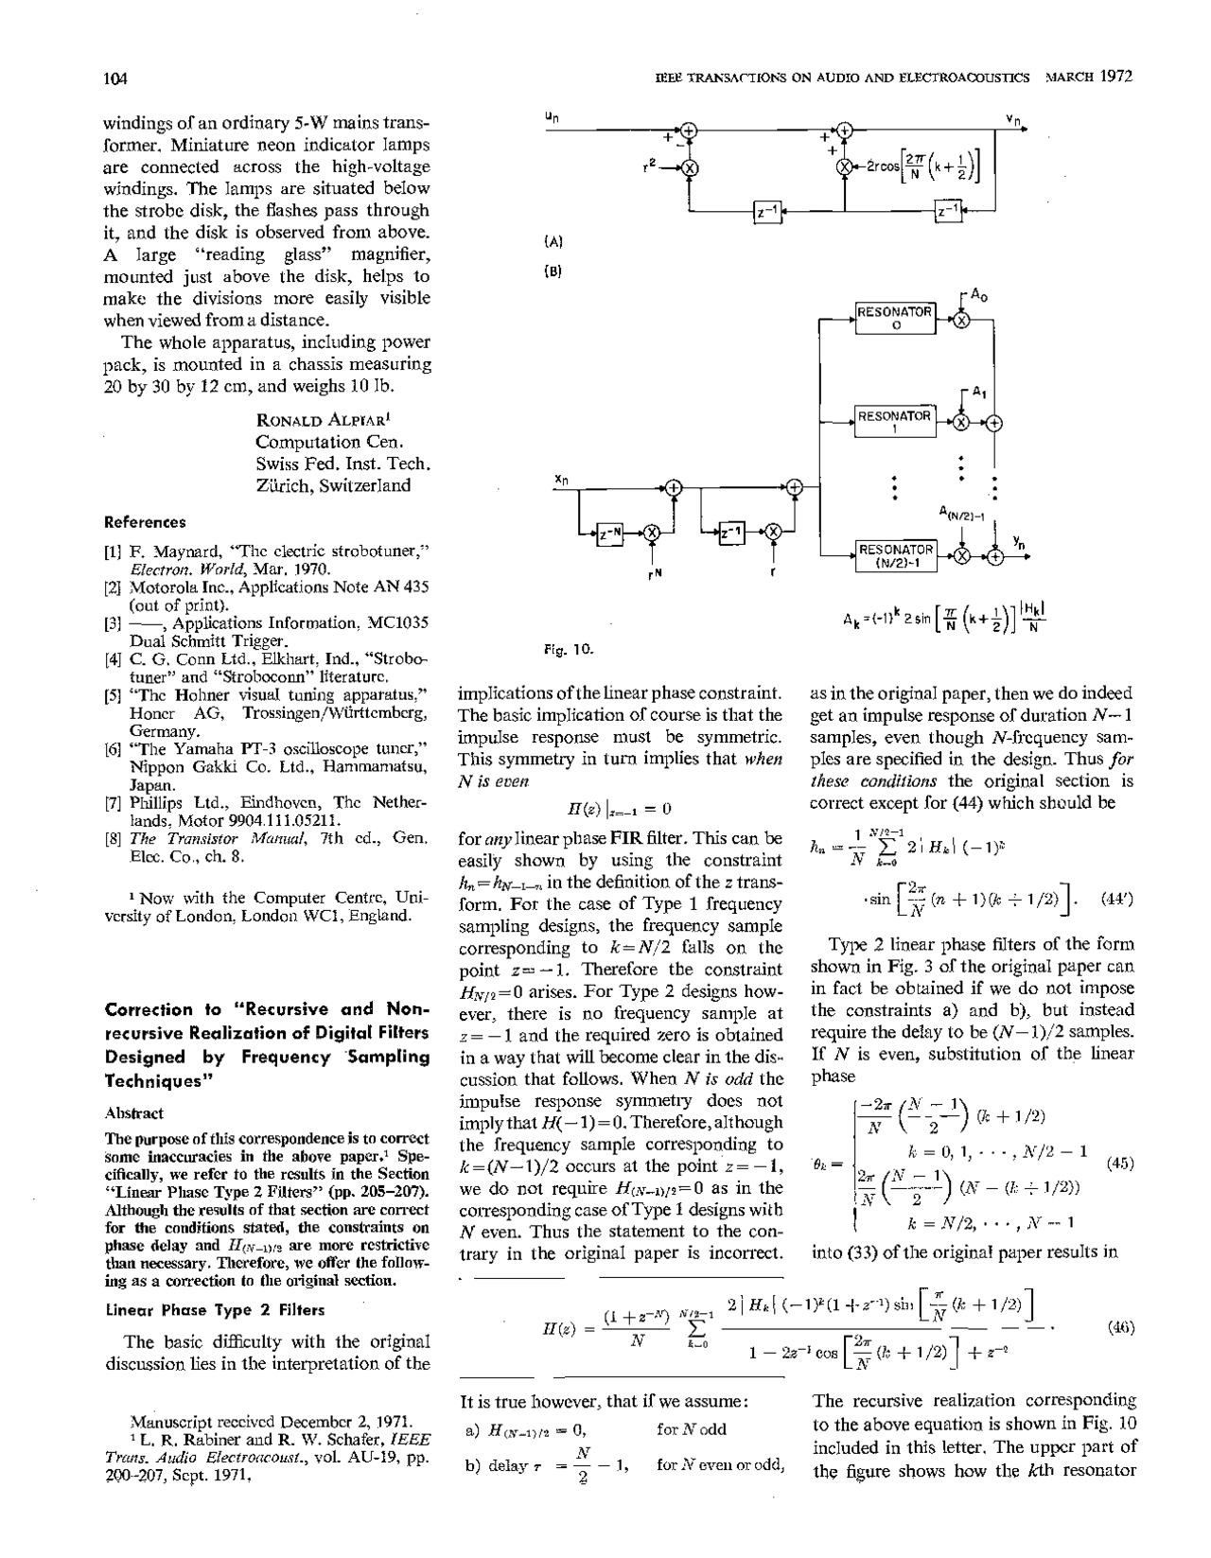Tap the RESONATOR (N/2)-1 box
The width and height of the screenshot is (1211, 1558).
(x=894, y=556)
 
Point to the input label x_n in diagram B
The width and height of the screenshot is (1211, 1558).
(x=560, y=481)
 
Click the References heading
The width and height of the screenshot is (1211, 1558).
(x=145, y=521)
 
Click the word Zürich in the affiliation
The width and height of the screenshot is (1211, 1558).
(x=284, y=486)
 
